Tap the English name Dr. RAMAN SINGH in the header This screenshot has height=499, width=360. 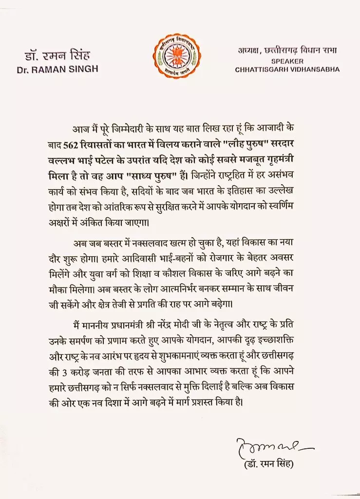pyautogui.click(x=57, y=69)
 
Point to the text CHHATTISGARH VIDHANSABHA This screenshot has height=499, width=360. pyautogui.click(x=287, y=69)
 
